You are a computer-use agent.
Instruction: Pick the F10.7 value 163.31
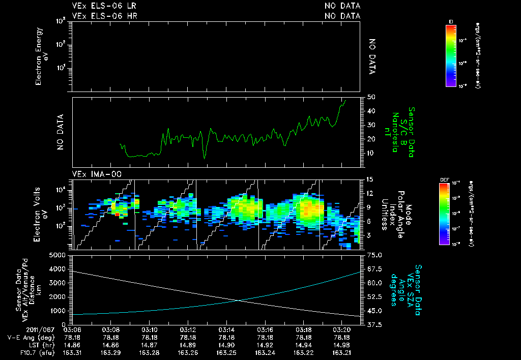point(72,352)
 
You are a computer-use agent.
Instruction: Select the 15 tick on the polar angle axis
point(370,179)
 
